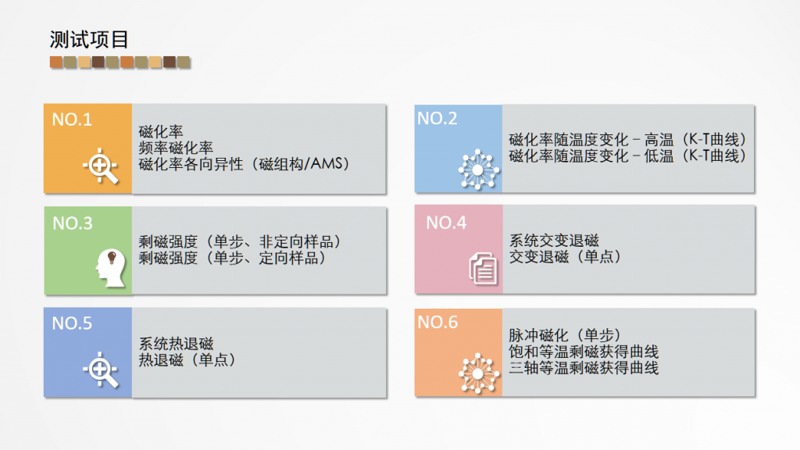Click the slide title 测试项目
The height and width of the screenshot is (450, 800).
click(x=89, y=40)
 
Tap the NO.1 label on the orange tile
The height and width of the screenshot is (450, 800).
click(x=72, y=120)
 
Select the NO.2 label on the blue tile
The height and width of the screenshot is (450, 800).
click(x=437, y=119)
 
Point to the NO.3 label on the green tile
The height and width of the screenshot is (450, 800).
click(x=73, y=223)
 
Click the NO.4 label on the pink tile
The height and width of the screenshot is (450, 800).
click(x=446, y=223)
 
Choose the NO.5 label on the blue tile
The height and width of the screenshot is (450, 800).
click(x=72, y=323)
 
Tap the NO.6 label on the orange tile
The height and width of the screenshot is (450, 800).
click(x=437, y=322)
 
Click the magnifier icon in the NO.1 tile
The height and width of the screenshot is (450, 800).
click(x=101, y=166)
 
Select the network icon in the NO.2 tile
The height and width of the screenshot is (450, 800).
click(x=478, y=170)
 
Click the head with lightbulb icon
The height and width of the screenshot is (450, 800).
click(x=110, y=268)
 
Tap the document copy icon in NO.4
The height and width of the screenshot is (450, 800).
click(x=483, y=269)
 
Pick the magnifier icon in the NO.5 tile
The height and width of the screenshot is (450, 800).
click(x=101, y=370)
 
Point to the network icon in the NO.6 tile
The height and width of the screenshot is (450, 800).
click(x=478, y=373)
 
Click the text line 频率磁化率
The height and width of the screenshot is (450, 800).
click(x=176, y=148)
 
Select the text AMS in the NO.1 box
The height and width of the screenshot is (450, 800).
click(x=327, y=163)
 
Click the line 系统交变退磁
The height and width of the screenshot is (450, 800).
click(x=554, y=241)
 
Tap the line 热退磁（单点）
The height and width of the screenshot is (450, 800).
click(x=187, y=359)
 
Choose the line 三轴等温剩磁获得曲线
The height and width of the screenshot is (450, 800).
click(x=583, y=368)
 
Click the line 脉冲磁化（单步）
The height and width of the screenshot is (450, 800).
click(x=565, y=335)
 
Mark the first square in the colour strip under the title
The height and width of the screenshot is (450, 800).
click(x=56, y=62)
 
